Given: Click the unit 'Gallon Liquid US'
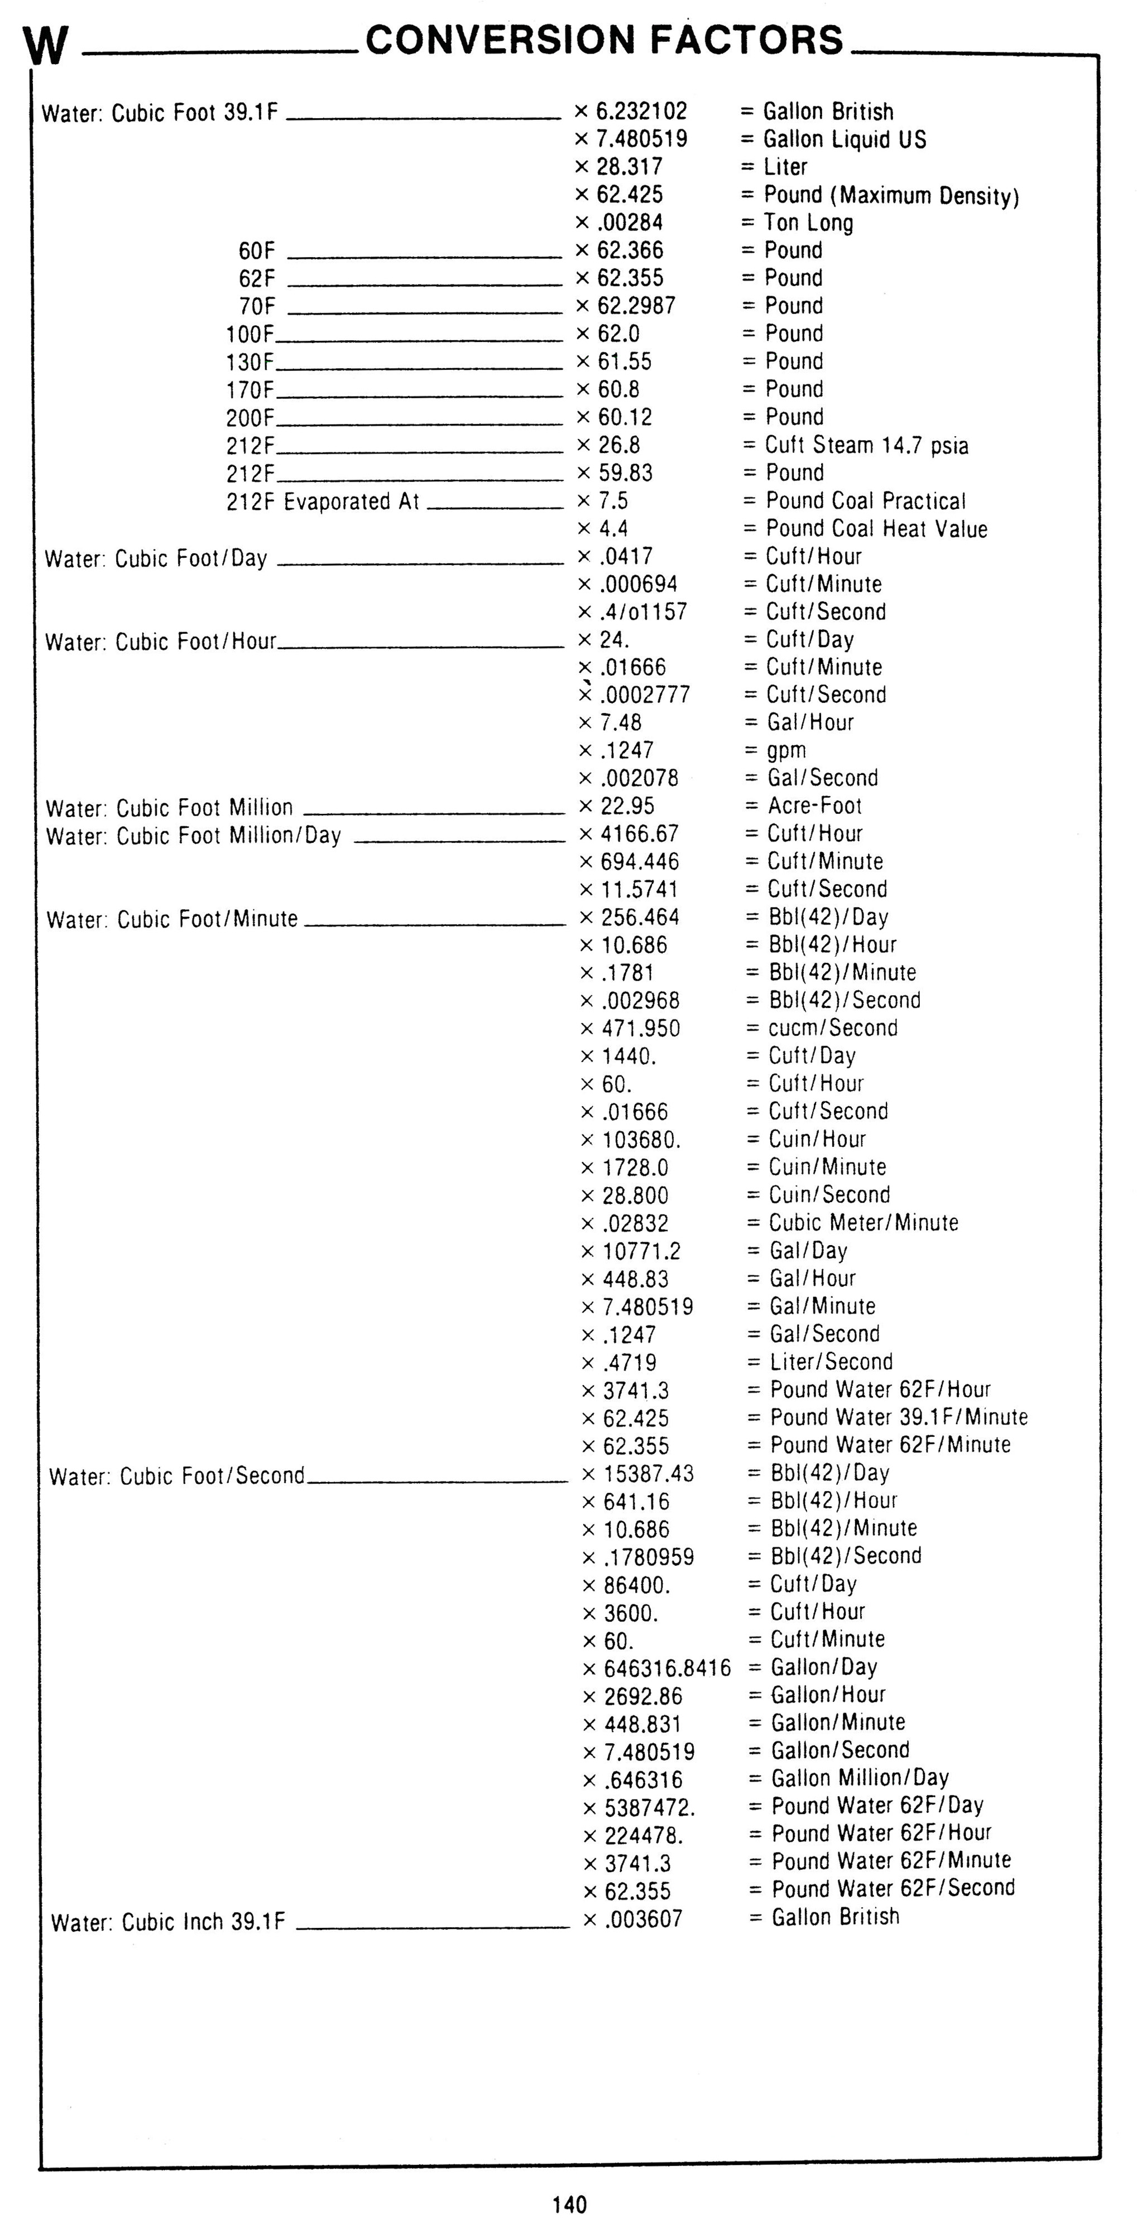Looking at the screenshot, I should [845, 139].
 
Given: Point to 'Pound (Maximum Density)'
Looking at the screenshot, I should [891, 195].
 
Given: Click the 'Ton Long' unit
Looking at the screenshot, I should [808, 223].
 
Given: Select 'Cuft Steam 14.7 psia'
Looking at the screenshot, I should [866, 446].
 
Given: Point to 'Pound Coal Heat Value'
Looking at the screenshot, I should [876, 529].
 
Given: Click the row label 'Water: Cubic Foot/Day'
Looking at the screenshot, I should [156, 558].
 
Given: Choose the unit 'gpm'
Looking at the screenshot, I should [786, 751].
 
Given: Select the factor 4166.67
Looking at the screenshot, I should [640, 834].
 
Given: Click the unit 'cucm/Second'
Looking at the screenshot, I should [833, 1028].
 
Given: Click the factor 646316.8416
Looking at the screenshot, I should [667, 1668].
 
